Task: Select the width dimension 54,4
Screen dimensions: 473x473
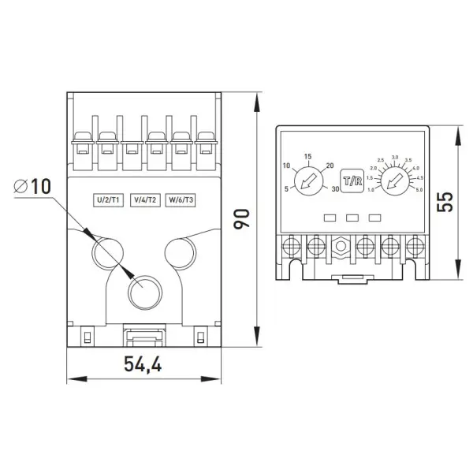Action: pos(142,364)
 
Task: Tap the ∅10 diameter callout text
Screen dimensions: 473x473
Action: pos(32,187)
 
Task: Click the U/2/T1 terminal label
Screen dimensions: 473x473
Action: pos(106,199)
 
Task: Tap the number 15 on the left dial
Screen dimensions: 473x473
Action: pos(307,155)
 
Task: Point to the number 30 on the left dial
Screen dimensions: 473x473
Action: pos(335,188)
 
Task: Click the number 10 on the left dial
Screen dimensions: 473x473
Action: pos(287,166)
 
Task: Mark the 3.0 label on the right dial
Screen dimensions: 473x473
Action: pos(395,158)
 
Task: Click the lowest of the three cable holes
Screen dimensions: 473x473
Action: pos(142,292)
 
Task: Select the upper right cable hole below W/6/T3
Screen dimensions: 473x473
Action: pos(179,251)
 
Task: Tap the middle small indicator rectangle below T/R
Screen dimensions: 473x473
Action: pos(352,217)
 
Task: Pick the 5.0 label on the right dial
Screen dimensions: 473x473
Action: pos(419,190)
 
